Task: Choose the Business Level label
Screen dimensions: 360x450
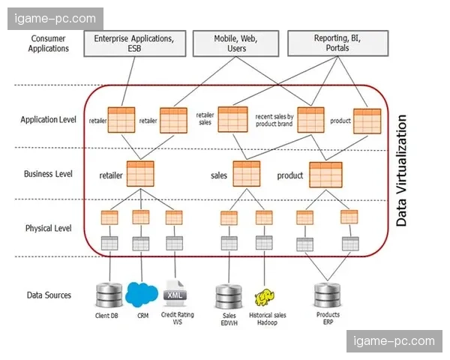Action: (x=49, y=174)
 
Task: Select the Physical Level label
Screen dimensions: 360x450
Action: (x=49, y=228)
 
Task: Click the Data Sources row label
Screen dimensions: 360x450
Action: (x=49, y=295)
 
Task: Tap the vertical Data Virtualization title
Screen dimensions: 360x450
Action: (x=402, y=170)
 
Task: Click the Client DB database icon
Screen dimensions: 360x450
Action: (x=109, y=295)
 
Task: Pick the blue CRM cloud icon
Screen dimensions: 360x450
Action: (x=142, y=293)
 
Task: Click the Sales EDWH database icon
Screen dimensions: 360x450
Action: (x=226, y=296)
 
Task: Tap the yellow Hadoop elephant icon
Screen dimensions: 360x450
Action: (x=263, y=297)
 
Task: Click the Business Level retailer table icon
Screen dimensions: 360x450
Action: (x=140, y=174)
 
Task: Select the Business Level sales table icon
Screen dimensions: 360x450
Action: (x=246, y=174)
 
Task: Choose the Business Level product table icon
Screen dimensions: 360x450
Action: (x=325, y=174)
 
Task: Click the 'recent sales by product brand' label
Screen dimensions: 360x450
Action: (x=274, y=120)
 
